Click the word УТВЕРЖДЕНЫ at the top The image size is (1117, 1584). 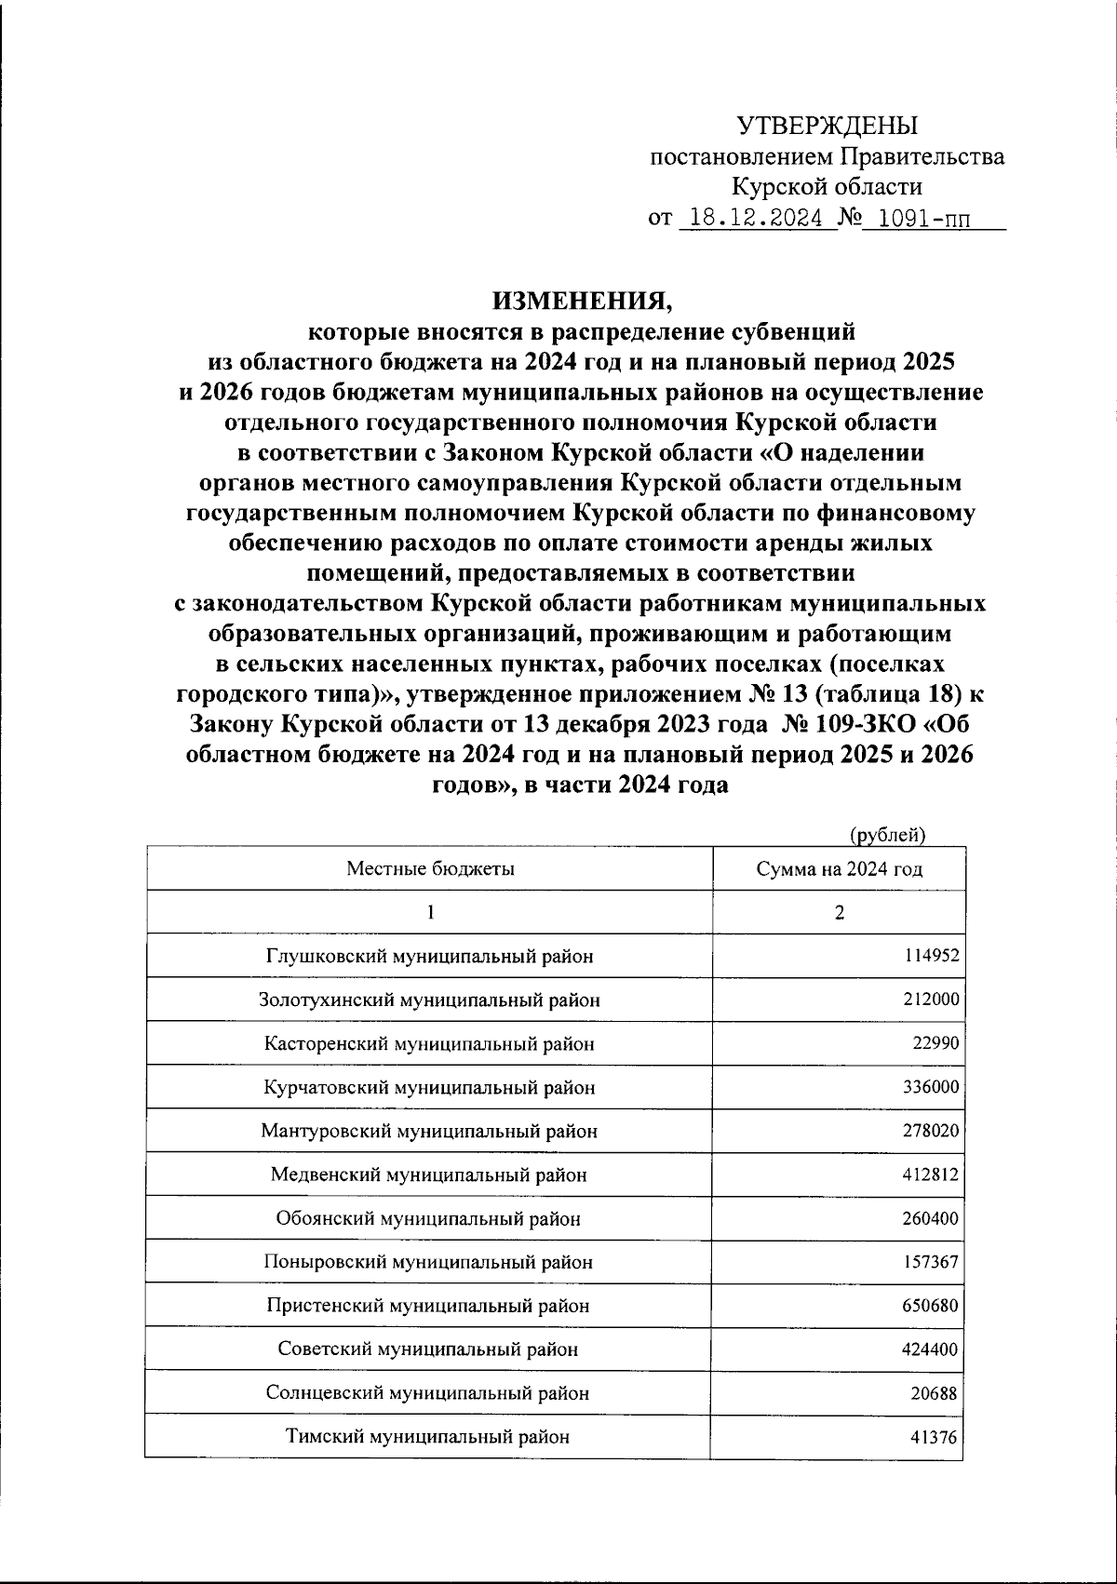[x=827, y=126]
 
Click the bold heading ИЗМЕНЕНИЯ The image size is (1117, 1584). [x=581, y=301]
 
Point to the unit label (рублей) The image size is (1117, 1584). [x=888, y=835]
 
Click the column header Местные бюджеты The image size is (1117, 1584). [x=430, y=869]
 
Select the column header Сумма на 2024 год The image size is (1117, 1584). [x=839, y=869]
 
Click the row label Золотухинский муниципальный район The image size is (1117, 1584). [x=429, y=1000]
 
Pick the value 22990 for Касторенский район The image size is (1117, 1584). [x=935, y=1043]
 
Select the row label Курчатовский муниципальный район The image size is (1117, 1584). [x=429, y=1087]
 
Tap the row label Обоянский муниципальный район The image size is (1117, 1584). [x=429, y=1218]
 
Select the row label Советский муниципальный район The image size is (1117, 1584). [x=429, y=1349]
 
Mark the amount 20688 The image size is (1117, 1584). [x=935, y=1393]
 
